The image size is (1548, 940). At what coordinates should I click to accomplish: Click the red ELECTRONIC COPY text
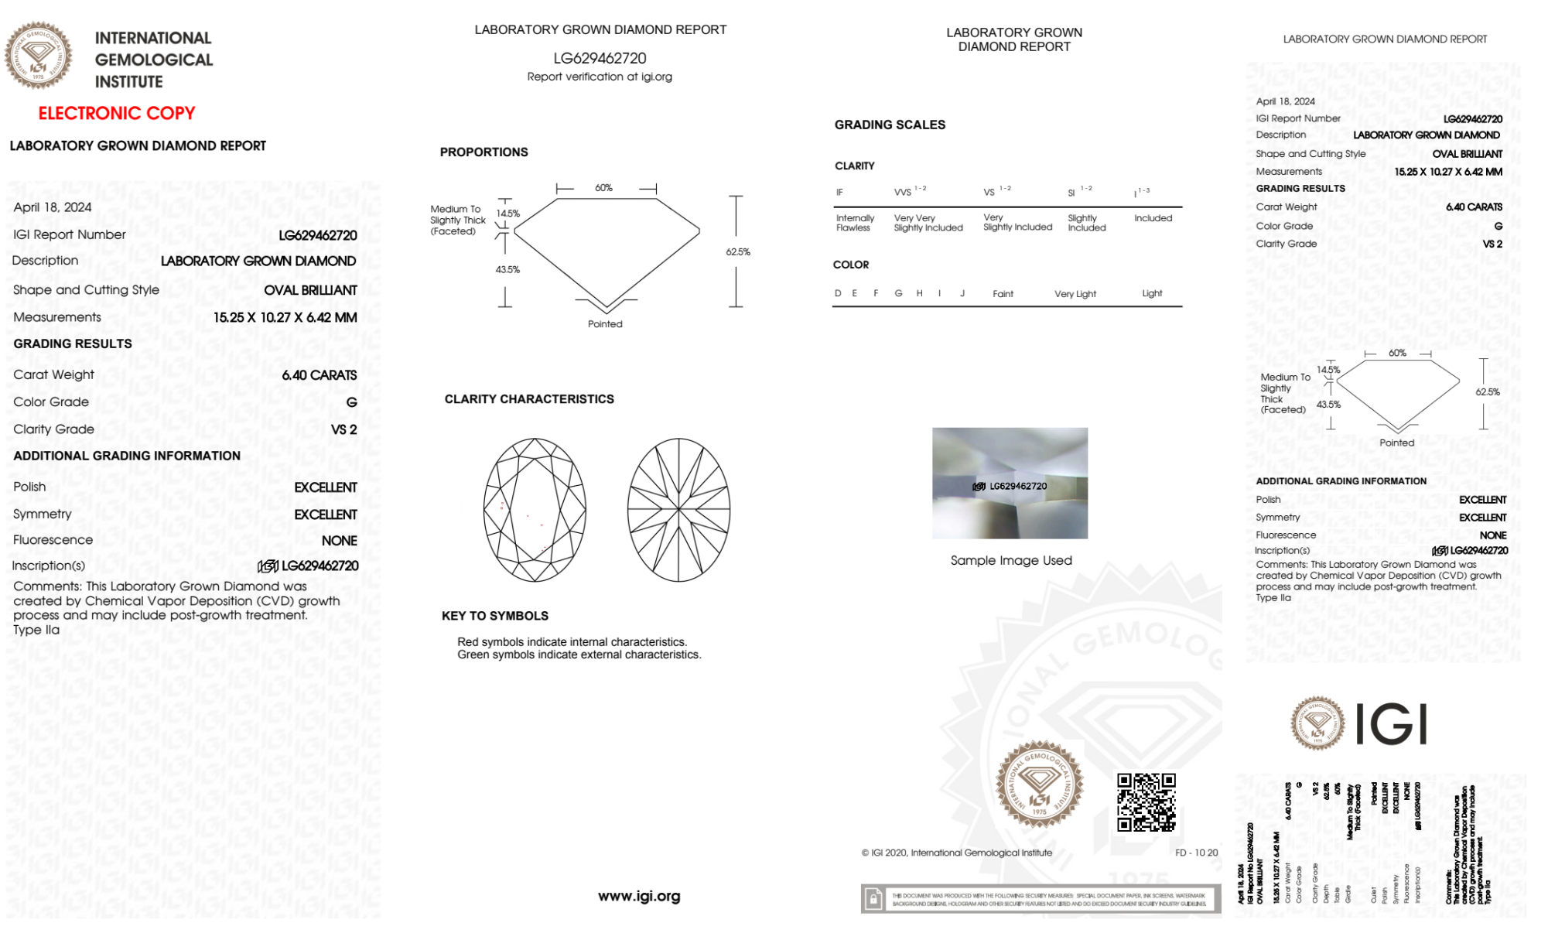[x=117, y=113]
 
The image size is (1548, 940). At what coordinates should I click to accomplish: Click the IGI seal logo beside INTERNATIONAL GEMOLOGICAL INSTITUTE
[x=38, y=56]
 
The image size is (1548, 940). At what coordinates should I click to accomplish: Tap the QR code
[x=1146, y=802]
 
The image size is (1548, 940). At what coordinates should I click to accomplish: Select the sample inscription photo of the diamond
[x=1010, y=484]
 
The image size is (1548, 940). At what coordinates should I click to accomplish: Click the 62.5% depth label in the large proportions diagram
[x=738, y=252]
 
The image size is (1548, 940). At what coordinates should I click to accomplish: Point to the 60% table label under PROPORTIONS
[x=603, y=188]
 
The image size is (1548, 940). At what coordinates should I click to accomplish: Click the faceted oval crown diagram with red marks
[x=535, y=511]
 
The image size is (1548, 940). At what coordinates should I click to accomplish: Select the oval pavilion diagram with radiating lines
[x=678, y=511]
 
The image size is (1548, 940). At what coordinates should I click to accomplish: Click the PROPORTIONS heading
[x=484, y=152]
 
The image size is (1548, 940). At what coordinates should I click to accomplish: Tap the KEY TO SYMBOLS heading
[x=495, y=616]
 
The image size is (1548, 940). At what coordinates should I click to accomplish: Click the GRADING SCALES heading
[x=890, y=125]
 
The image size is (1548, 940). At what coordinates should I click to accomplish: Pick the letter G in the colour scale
[x=898, y=293]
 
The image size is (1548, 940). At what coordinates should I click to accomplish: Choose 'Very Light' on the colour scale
[x=1075, y=294]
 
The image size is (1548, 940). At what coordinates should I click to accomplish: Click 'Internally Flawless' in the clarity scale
[x=855, y=223]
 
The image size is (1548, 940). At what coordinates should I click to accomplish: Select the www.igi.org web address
[x=639, y=896]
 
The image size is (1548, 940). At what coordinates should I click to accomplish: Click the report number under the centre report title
[x=600, y=58]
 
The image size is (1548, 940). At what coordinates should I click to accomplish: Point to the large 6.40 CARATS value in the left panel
[x=320, y=375]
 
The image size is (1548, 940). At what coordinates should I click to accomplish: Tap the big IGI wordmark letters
[x=1392, y=725]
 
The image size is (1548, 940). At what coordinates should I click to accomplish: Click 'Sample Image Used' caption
[x=1011, y=560]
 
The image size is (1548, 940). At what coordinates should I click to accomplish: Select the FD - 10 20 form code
[x=1196, y=853]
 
